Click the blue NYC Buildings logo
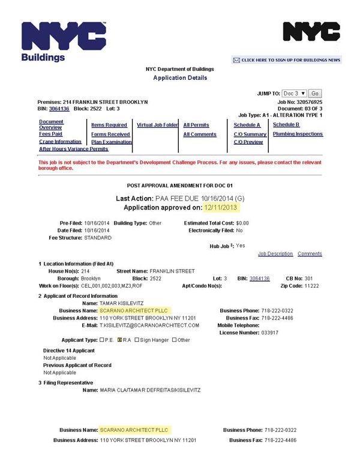coord(63,41)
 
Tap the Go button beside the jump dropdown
coord(315,94)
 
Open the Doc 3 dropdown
coord(294,94)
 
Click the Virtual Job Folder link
coord(157,125)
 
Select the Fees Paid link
coord(50,134)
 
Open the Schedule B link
coord(286,125)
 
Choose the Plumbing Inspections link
coord(298,134)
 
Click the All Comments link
coord(200,135)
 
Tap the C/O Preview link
coord(248,142)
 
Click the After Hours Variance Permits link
coord(73,149)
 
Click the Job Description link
coord(275,254)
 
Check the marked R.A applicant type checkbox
coord(120,340)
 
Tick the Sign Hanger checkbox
coord(137,340)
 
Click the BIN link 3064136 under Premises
coord(59,109)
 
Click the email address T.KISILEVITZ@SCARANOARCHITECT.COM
coord(149,325)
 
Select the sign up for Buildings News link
coord(287,60)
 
